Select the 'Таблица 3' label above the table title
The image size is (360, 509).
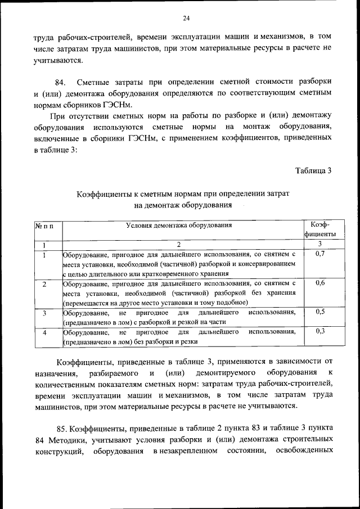coord(313,171)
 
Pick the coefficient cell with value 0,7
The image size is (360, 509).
coord(320,255)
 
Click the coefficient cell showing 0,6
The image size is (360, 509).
coord(320,283)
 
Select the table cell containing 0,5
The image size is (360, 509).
coord(320,312)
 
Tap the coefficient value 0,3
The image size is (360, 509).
coord(320,331)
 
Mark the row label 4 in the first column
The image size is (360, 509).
coord(44,332)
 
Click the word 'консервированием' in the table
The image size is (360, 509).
coord(268,263)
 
